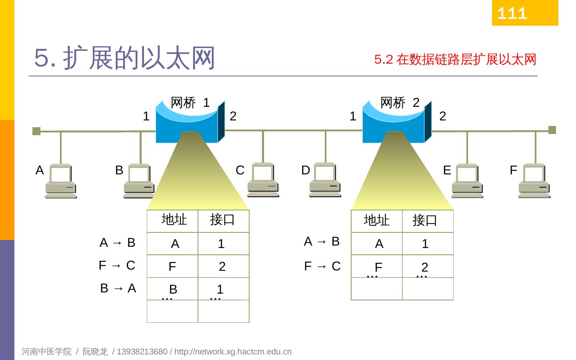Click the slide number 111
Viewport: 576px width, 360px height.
point(512,14)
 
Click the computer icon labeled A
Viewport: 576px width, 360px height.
point(60,181)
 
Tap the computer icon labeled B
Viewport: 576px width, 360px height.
point(139,181)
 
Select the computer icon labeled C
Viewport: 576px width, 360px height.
point(263,180)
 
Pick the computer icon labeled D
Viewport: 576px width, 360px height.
point(325,180)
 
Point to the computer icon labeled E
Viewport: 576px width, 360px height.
point(467,181)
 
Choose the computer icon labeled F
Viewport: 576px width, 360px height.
point(534,181)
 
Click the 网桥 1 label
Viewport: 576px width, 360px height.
point(190,103)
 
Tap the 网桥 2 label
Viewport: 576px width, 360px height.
point(400,103)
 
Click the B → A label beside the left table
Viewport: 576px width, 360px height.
point(118,288)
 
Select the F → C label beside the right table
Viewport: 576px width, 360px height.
point(322,266)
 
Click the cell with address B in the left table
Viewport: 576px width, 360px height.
point(173,289)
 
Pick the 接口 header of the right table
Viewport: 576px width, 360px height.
point(425,220)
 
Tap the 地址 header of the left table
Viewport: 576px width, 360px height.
point(174,220)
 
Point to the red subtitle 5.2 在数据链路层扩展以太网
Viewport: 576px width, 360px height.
point(455,60)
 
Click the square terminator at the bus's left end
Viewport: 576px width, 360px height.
point(36,131)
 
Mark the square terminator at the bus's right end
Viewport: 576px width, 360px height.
point(552,130)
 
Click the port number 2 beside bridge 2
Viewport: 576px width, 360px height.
point(442,116)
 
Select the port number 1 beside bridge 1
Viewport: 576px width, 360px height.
point(146,116)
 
